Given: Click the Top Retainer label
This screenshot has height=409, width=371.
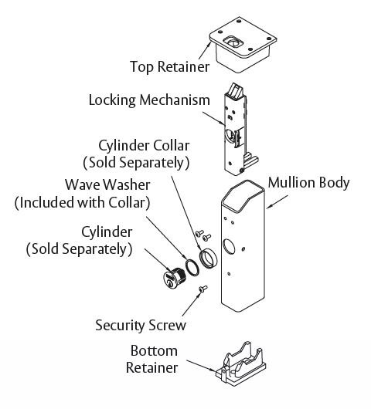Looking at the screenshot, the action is tap(169, 67).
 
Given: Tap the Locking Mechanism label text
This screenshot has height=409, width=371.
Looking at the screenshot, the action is tap(149, 100).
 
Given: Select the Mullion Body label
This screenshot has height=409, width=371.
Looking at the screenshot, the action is tap(308, 183).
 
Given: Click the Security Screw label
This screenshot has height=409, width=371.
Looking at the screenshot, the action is tap(141, 325).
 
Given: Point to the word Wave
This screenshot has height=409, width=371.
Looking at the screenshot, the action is tap(83, 184).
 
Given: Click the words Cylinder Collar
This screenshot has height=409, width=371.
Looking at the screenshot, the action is tap(144, 146).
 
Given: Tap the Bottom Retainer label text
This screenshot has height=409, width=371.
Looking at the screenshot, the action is tap(151, 359).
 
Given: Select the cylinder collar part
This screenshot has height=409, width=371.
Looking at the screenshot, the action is tap(208, 259).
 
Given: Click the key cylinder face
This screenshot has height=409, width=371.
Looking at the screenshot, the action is tap(169, 280).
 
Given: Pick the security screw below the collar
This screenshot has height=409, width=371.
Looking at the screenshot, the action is tap(203, 289).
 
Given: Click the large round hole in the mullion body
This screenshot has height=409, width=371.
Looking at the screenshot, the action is tap(229, 246).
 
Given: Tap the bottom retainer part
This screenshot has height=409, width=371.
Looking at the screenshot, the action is tap(241, 361).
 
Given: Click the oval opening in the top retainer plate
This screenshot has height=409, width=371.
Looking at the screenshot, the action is tap(233, 42).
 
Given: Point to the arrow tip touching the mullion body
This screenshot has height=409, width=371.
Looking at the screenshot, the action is tap(267, 208).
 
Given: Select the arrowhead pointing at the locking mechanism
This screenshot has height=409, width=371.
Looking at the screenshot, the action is tap(223, 123).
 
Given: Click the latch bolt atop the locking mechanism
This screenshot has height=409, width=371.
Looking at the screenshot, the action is tap(235, 91).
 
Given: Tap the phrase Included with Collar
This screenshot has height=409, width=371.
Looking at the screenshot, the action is tap(82, 203).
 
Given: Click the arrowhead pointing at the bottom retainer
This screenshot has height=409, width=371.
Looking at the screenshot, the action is tap(214, 370).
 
